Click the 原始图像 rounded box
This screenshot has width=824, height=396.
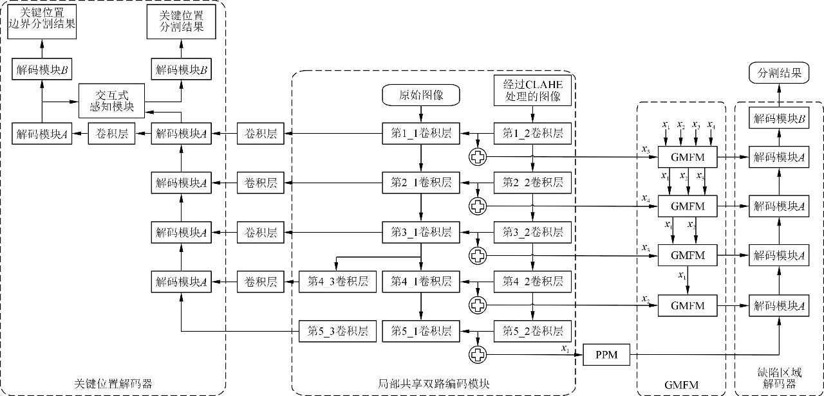[421, 96]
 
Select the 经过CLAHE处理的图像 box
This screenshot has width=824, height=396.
[531, 91]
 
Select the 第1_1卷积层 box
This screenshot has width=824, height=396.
[421, 133]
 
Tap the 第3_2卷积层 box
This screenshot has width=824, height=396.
[531, 231]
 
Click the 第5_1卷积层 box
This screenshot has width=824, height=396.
[421, 332]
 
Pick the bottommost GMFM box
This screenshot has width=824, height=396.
[688, 305]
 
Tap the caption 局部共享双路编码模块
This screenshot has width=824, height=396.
[433, 384]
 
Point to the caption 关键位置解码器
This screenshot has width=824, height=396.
[113, 384]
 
